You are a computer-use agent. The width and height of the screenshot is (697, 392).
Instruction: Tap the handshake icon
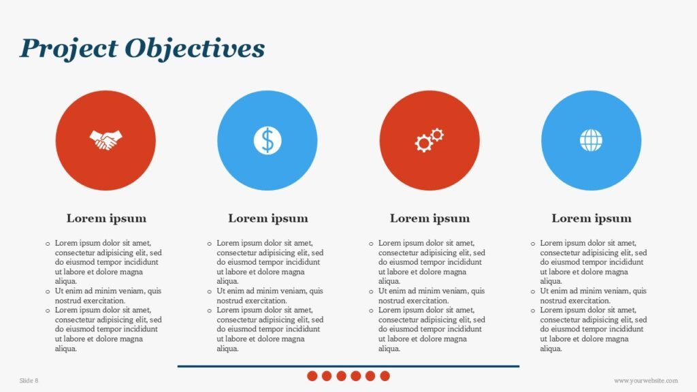(106, 140)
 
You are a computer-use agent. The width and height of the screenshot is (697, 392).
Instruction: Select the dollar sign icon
(268, 140)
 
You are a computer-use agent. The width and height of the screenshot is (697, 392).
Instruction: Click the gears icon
(429, 140)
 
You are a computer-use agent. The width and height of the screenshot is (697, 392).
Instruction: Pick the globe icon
(591, 140)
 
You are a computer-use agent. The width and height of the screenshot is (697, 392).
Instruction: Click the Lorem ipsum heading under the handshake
(106, 218)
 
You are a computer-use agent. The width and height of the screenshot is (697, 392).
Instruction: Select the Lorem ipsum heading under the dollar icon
(268, 218)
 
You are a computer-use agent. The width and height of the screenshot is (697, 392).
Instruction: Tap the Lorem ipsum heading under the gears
(429, 218)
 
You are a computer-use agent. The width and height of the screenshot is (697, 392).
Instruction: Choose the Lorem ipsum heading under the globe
(591, 218)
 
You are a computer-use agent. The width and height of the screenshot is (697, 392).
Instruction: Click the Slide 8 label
(29, 380)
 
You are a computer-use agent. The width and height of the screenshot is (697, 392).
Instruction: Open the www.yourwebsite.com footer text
(645, 380)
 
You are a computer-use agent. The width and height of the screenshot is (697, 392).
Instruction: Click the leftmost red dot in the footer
(312, 376)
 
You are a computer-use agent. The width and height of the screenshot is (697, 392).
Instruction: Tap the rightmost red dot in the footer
(385, 376)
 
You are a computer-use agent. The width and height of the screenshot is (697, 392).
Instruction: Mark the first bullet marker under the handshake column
(48, 243)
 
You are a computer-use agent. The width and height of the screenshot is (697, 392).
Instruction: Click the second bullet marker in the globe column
(533, 291)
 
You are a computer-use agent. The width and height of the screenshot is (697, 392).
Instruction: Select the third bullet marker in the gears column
(371, 310)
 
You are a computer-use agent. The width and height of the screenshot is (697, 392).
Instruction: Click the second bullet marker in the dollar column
(210, 291)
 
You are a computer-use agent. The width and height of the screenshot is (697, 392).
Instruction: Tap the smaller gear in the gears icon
(437, 134)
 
